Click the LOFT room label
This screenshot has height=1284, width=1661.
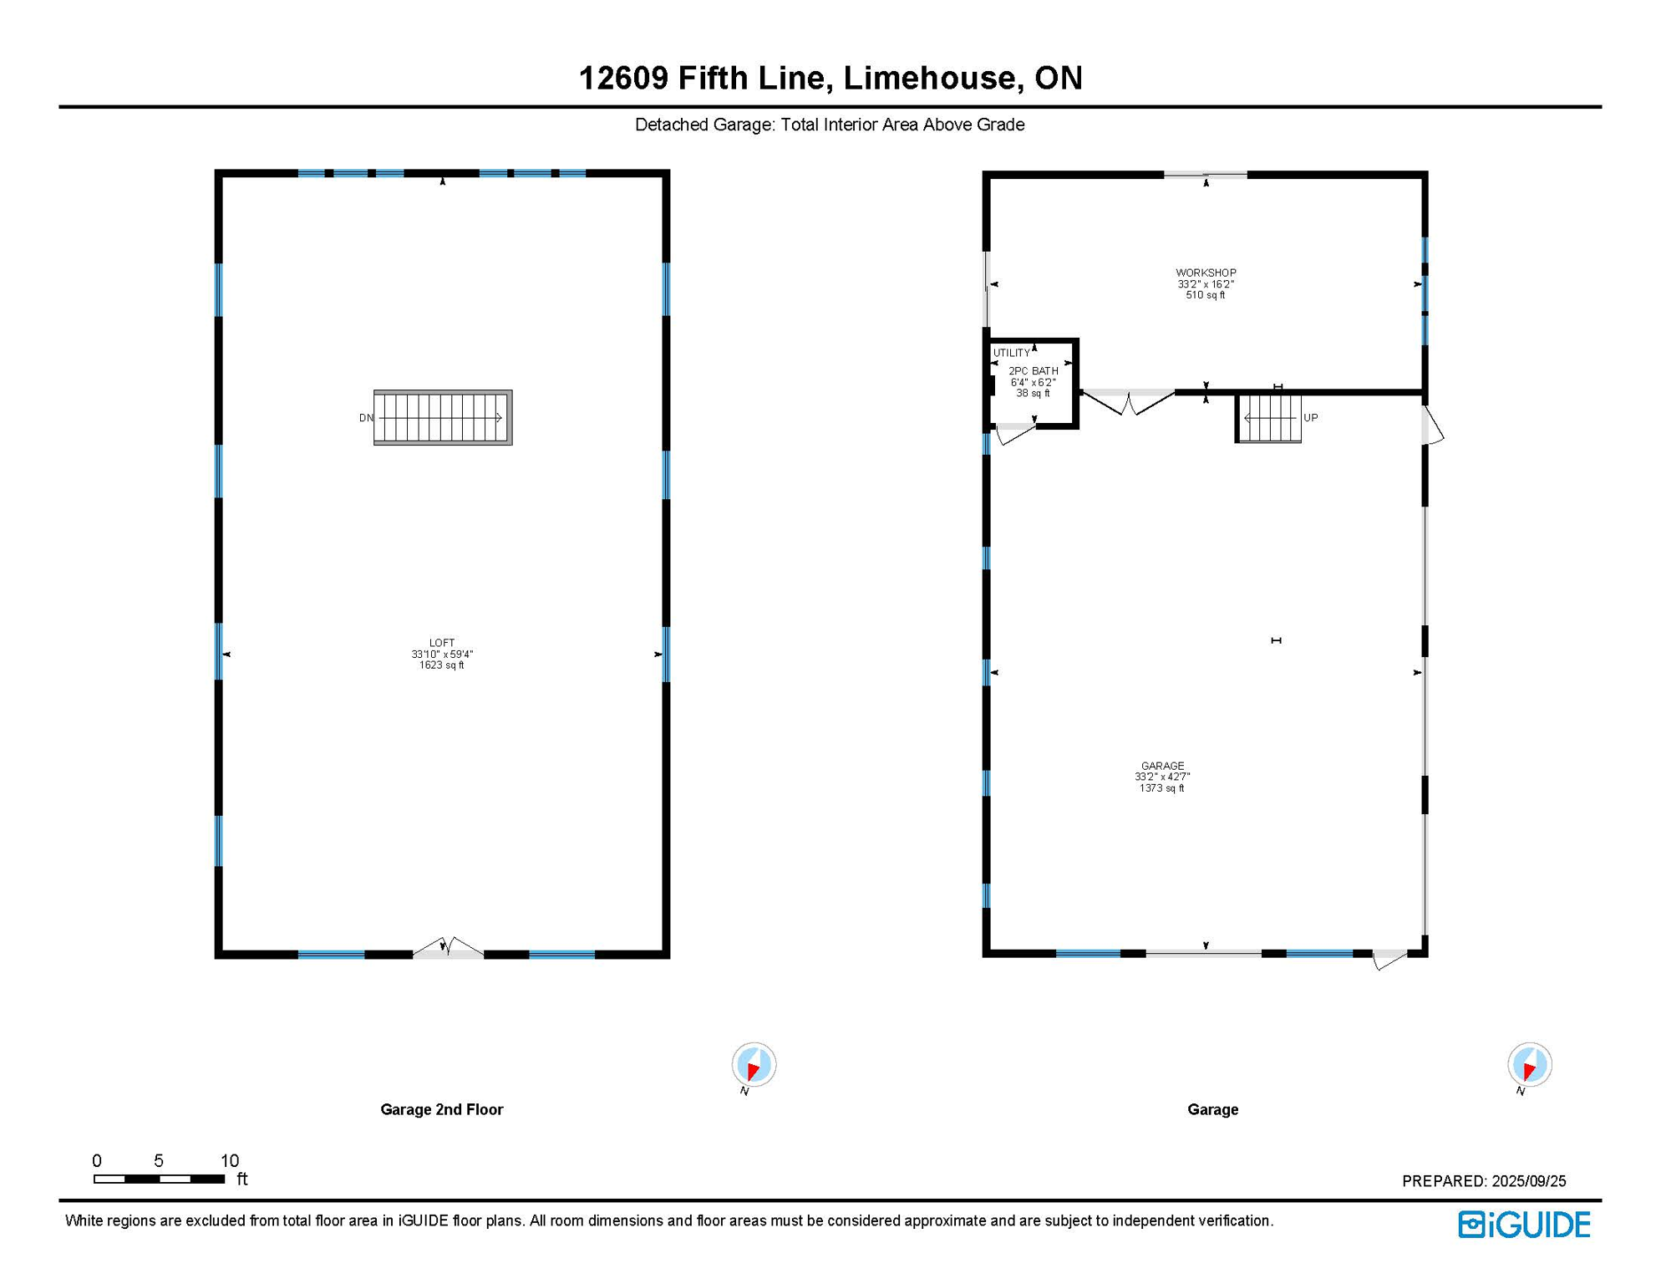(442, 643)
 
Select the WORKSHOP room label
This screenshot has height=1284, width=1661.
(1206, 273)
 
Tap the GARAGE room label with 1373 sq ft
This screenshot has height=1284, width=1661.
(1162, 766)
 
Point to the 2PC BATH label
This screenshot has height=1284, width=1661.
(1033, 371)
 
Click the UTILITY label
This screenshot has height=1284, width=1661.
(1011, 353)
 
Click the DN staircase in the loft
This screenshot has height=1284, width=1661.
(442, 417)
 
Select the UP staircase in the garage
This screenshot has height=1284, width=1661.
(1268, 418)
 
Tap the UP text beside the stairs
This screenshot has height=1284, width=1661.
(1310, 418)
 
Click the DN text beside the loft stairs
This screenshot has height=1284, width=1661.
(366, 418)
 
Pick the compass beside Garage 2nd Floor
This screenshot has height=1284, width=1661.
(754, 1065)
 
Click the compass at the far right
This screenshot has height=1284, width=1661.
(1529, 1065)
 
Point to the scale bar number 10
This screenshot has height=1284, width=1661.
(230, 1160)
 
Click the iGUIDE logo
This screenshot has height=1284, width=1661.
(1524, 1225)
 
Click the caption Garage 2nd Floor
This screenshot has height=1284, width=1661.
(441, 1109)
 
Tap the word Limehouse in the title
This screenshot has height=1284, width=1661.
(933, 78)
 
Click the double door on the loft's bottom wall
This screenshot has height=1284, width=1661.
(449, 948)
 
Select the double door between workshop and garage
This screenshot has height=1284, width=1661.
(1128, 402)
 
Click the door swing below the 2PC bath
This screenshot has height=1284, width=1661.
(1015, 433)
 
